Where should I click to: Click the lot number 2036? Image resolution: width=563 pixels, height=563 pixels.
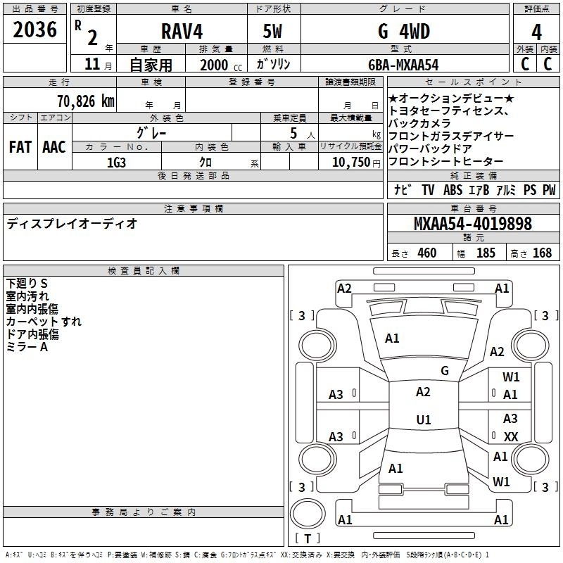34,30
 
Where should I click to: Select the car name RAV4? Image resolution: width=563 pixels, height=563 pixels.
182,31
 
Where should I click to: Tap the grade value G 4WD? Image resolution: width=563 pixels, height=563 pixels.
404,31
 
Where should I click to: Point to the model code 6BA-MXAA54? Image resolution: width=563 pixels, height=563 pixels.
403,65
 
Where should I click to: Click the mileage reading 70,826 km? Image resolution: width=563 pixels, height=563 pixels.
86,101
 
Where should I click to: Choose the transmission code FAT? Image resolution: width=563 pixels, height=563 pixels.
20,147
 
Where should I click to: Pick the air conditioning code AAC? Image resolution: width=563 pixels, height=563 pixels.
54,147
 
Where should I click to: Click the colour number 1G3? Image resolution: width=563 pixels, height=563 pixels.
116,163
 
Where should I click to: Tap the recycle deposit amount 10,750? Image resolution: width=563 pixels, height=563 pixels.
350,163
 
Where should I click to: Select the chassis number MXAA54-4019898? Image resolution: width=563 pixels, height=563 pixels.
473,224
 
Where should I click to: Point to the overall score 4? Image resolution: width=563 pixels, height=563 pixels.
536,32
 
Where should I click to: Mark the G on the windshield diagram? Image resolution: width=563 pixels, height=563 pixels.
445,371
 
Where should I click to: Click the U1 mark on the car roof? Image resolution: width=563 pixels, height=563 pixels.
424,419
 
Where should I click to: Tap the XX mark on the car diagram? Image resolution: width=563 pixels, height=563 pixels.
511,436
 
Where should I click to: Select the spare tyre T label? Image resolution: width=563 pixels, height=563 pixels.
308,538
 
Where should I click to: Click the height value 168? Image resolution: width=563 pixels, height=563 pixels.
542,253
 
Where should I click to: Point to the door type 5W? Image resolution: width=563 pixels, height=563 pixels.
272,31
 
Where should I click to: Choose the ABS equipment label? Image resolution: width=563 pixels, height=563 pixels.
453,190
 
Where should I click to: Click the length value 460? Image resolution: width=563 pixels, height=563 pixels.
427,253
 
